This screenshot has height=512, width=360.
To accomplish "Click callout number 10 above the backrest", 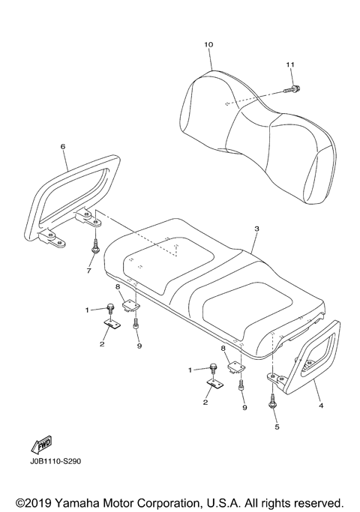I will click(208, 45).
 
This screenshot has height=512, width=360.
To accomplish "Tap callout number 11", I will click(289, 66).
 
